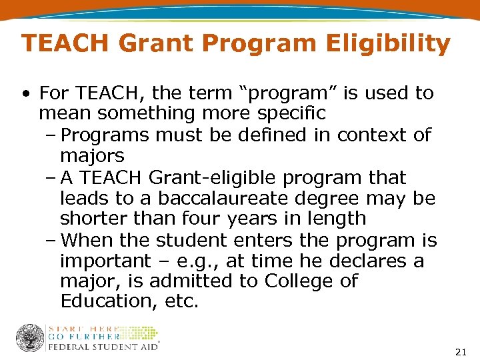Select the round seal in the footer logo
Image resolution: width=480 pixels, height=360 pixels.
pos(30,338)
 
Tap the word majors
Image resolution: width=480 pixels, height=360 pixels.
pos(92,156)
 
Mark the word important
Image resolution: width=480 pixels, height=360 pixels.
pos(106,261)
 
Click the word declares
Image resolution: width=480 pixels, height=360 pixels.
pos(367,261)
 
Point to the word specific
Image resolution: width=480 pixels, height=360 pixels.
pos(291,114)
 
